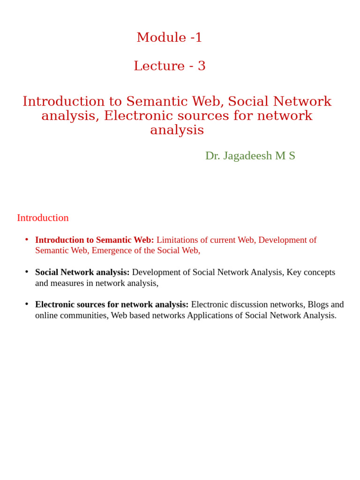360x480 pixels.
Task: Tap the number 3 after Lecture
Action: [202, 66]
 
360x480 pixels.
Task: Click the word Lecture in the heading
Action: [159, 66]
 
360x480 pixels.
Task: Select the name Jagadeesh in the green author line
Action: [247, 156]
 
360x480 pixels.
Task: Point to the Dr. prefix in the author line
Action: [212, 156]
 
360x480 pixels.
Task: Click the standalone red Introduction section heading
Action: [43, 217]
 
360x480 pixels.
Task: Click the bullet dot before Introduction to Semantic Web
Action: [27, 240]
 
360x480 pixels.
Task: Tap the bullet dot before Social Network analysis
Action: [27, 272]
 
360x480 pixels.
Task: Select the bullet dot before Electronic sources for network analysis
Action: [27, 304]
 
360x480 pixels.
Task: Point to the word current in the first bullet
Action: [223, 240]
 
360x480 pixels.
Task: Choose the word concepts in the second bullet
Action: [320, 272]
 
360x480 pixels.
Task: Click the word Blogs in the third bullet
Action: [318, 305]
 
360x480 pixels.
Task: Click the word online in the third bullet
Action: [47, 315]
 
